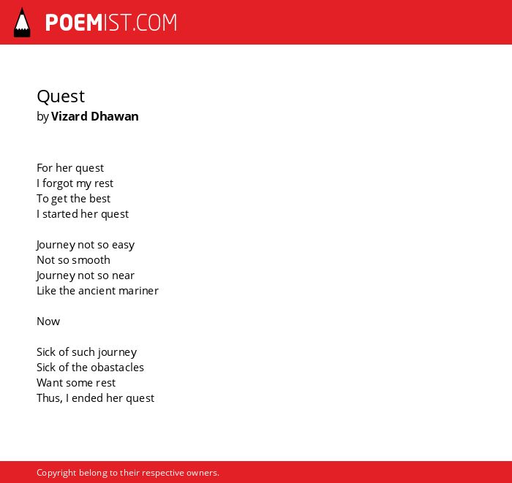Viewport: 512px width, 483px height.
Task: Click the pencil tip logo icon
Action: tap(22, 23)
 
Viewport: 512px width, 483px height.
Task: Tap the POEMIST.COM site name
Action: tap(111, 23)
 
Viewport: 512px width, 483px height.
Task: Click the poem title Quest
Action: tap(61, 96)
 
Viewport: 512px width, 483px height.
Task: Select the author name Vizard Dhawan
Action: tap(94, 116)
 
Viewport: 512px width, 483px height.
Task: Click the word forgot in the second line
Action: tap(58, 183)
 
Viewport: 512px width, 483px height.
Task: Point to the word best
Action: tap(100, 198)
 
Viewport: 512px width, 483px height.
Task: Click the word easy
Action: tap(123, 246)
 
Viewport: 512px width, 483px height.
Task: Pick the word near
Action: tap(123, 276)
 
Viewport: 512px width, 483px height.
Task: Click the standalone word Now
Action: tap(48, 322)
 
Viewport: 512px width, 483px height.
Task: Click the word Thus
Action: tap(49, 398)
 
